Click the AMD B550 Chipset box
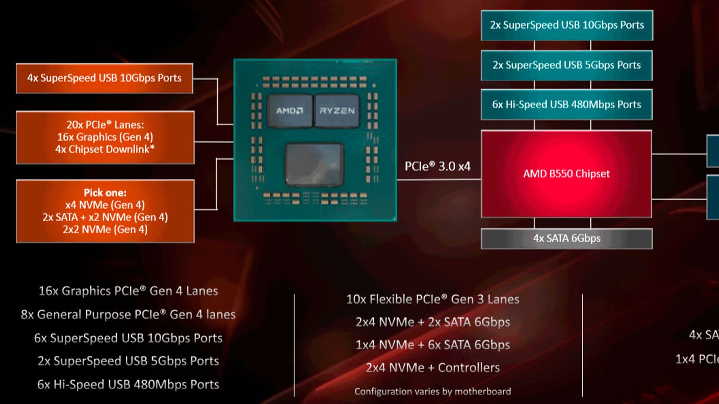tap(566, 174)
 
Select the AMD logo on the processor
tap(289, 110)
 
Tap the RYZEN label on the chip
tap(337, 110)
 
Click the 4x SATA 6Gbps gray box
tap(566, 238)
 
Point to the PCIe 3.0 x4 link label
tap(437, 167)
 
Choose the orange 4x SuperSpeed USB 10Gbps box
tap(104, 78)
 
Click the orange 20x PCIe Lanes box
tap(105, 137)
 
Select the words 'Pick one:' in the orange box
tap(105, 193)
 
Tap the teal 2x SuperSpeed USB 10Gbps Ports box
tap(567, 25)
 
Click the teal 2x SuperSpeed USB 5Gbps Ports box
tap(566, 65)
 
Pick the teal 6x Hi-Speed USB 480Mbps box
tap(566, 105)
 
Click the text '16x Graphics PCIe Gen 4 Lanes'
tap(128, 291)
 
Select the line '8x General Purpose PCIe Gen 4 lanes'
tap(128, 314)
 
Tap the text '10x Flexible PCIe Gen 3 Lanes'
tap(433, 299)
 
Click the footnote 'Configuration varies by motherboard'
tap(433, 391)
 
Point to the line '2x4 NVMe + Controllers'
tap(433, 368)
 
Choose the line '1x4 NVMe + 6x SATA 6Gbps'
tap(433, 345)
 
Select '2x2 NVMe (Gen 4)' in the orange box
tap(105, 229)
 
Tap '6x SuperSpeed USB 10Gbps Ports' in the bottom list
tap(128, 338)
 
